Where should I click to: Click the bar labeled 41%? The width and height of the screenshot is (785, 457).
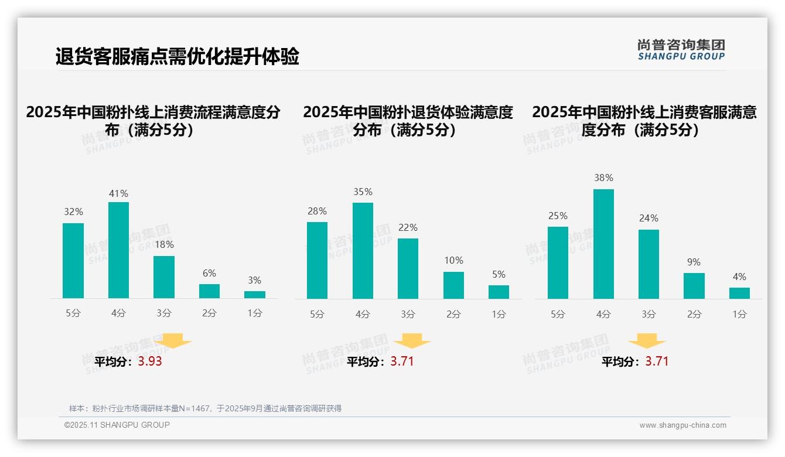click(x=118, y=250)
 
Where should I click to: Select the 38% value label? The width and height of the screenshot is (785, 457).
click(x=603, y=178)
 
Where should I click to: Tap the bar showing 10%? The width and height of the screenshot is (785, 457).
click(x=453, y=285)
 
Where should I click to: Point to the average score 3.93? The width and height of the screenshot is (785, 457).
click(x=150, y=361)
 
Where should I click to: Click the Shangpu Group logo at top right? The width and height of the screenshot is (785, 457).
click(x=681, y=50)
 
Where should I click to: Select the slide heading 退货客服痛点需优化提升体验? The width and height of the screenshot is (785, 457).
click(x=177, y=57)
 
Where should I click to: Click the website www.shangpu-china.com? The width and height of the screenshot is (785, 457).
click(x=682, y=425)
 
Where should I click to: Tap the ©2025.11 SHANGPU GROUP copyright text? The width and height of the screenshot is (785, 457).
click(x=117, y=425)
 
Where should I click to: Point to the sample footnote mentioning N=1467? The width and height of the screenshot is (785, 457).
click(x=205, y=408)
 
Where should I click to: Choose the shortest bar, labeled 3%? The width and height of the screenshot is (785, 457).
click(x=255, y=295)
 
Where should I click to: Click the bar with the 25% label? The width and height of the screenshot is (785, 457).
click(x=558, y=262)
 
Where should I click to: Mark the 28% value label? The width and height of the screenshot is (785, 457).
click(x=317, y=212)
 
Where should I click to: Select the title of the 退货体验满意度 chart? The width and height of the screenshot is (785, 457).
click(x=408, y=121)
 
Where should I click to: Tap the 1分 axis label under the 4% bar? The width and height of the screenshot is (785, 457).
click(x=739, y=314)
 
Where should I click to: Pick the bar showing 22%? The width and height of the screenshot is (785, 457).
click(x=408, y=268)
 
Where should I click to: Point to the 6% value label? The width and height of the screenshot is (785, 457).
click(x=209, y=273)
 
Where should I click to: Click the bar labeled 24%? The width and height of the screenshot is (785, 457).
click(x=649, y=264)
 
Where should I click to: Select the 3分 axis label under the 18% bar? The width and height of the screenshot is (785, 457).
click(x=164, y=313)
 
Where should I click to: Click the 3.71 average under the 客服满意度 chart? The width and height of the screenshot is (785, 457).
click(x=657, y=361)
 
